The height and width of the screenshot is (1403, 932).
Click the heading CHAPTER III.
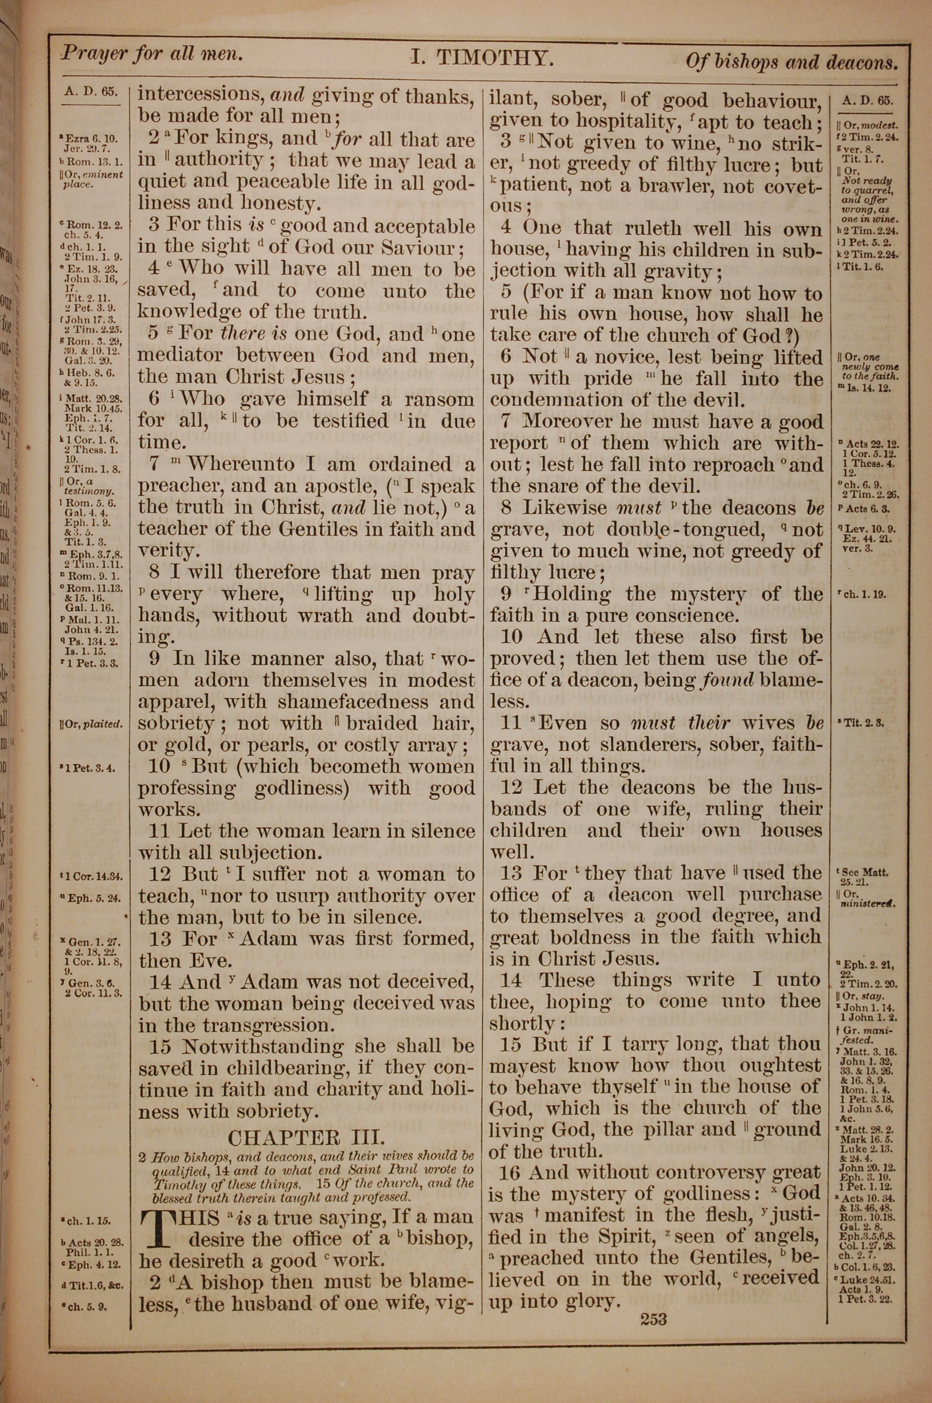tap(306, 1137)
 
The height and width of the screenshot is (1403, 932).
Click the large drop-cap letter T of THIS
tap(153, 1226)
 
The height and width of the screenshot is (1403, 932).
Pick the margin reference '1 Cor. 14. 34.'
tap(93, 876)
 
